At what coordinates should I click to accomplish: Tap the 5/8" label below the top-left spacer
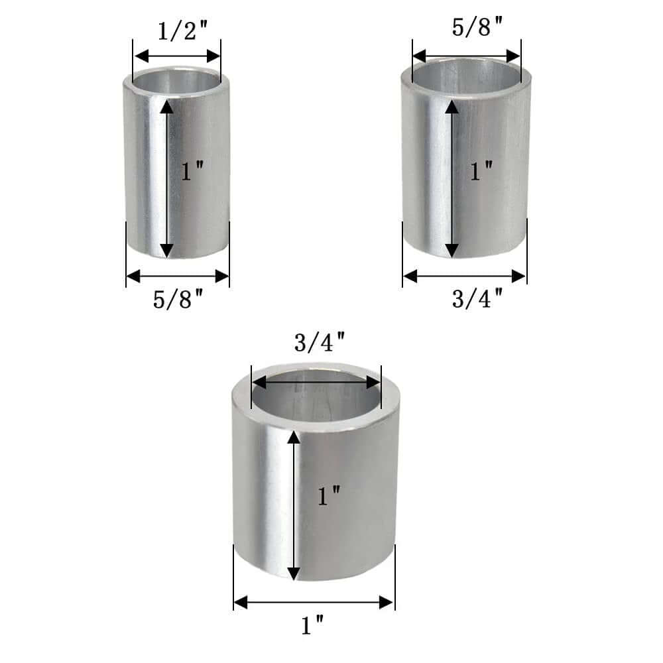point(178,300)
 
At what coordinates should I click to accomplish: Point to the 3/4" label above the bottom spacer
point(319,344)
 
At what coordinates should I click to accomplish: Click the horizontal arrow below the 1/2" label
point(176,56)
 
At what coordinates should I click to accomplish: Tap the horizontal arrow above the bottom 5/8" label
point(178,274)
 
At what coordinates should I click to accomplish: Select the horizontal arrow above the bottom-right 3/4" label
point(464,274)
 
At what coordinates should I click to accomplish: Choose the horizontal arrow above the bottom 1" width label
point(314,602)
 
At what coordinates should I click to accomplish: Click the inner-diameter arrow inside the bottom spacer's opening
point(316,383)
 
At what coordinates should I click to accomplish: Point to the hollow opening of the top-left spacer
point(176,81)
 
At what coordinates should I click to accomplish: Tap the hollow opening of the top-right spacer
point(467,73)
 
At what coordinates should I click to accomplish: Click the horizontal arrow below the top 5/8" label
point(467,56)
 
